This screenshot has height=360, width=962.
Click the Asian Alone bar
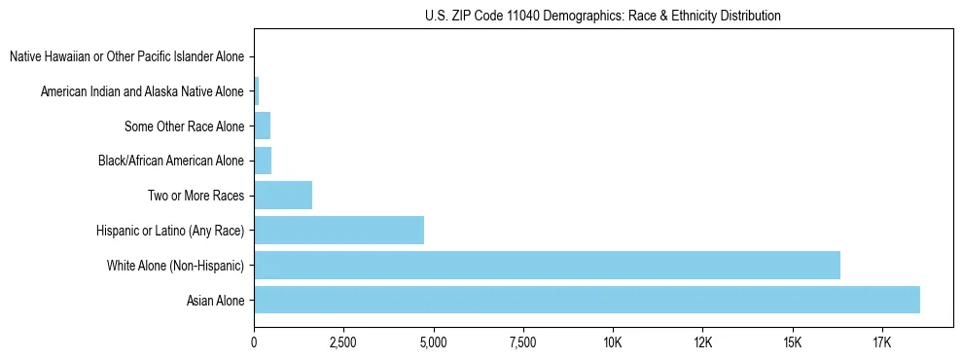[587, 300]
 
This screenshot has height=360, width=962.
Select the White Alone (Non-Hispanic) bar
[547, 265]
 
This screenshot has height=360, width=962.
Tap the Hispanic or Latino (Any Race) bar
[338, 230]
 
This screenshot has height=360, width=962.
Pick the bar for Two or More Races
[283, 196]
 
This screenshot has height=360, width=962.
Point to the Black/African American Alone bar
[263, 161]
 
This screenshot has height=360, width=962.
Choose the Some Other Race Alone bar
[262, 126]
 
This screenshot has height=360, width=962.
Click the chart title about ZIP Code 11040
[603, 16]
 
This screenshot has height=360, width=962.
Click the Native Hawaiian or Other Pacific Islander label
[127, 57]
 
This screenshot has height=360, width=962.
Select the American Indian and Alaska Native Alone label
[143, 92]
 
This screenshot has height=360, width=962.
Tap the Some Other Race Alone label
[185, 126]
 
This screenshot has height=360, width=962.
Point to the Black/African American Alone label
[172, 161]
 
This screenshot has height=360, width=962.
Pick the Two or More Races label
[196, 196]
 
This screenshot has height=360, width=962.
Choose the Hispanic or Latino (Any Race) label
[170, 231]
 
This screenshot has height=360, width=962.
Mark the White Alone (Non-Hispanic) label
[176, 266]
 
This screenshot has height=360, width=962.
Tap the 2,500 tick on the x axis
[343, 342]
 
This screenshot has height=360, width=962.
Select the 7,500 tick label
[523, 342]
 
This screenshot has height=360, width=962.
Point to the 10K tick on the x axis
[613, 342]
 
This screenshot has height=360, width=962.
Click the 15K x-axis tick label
[792, 342]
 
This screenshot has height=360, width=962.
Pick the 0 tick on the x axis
[254, 342]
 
